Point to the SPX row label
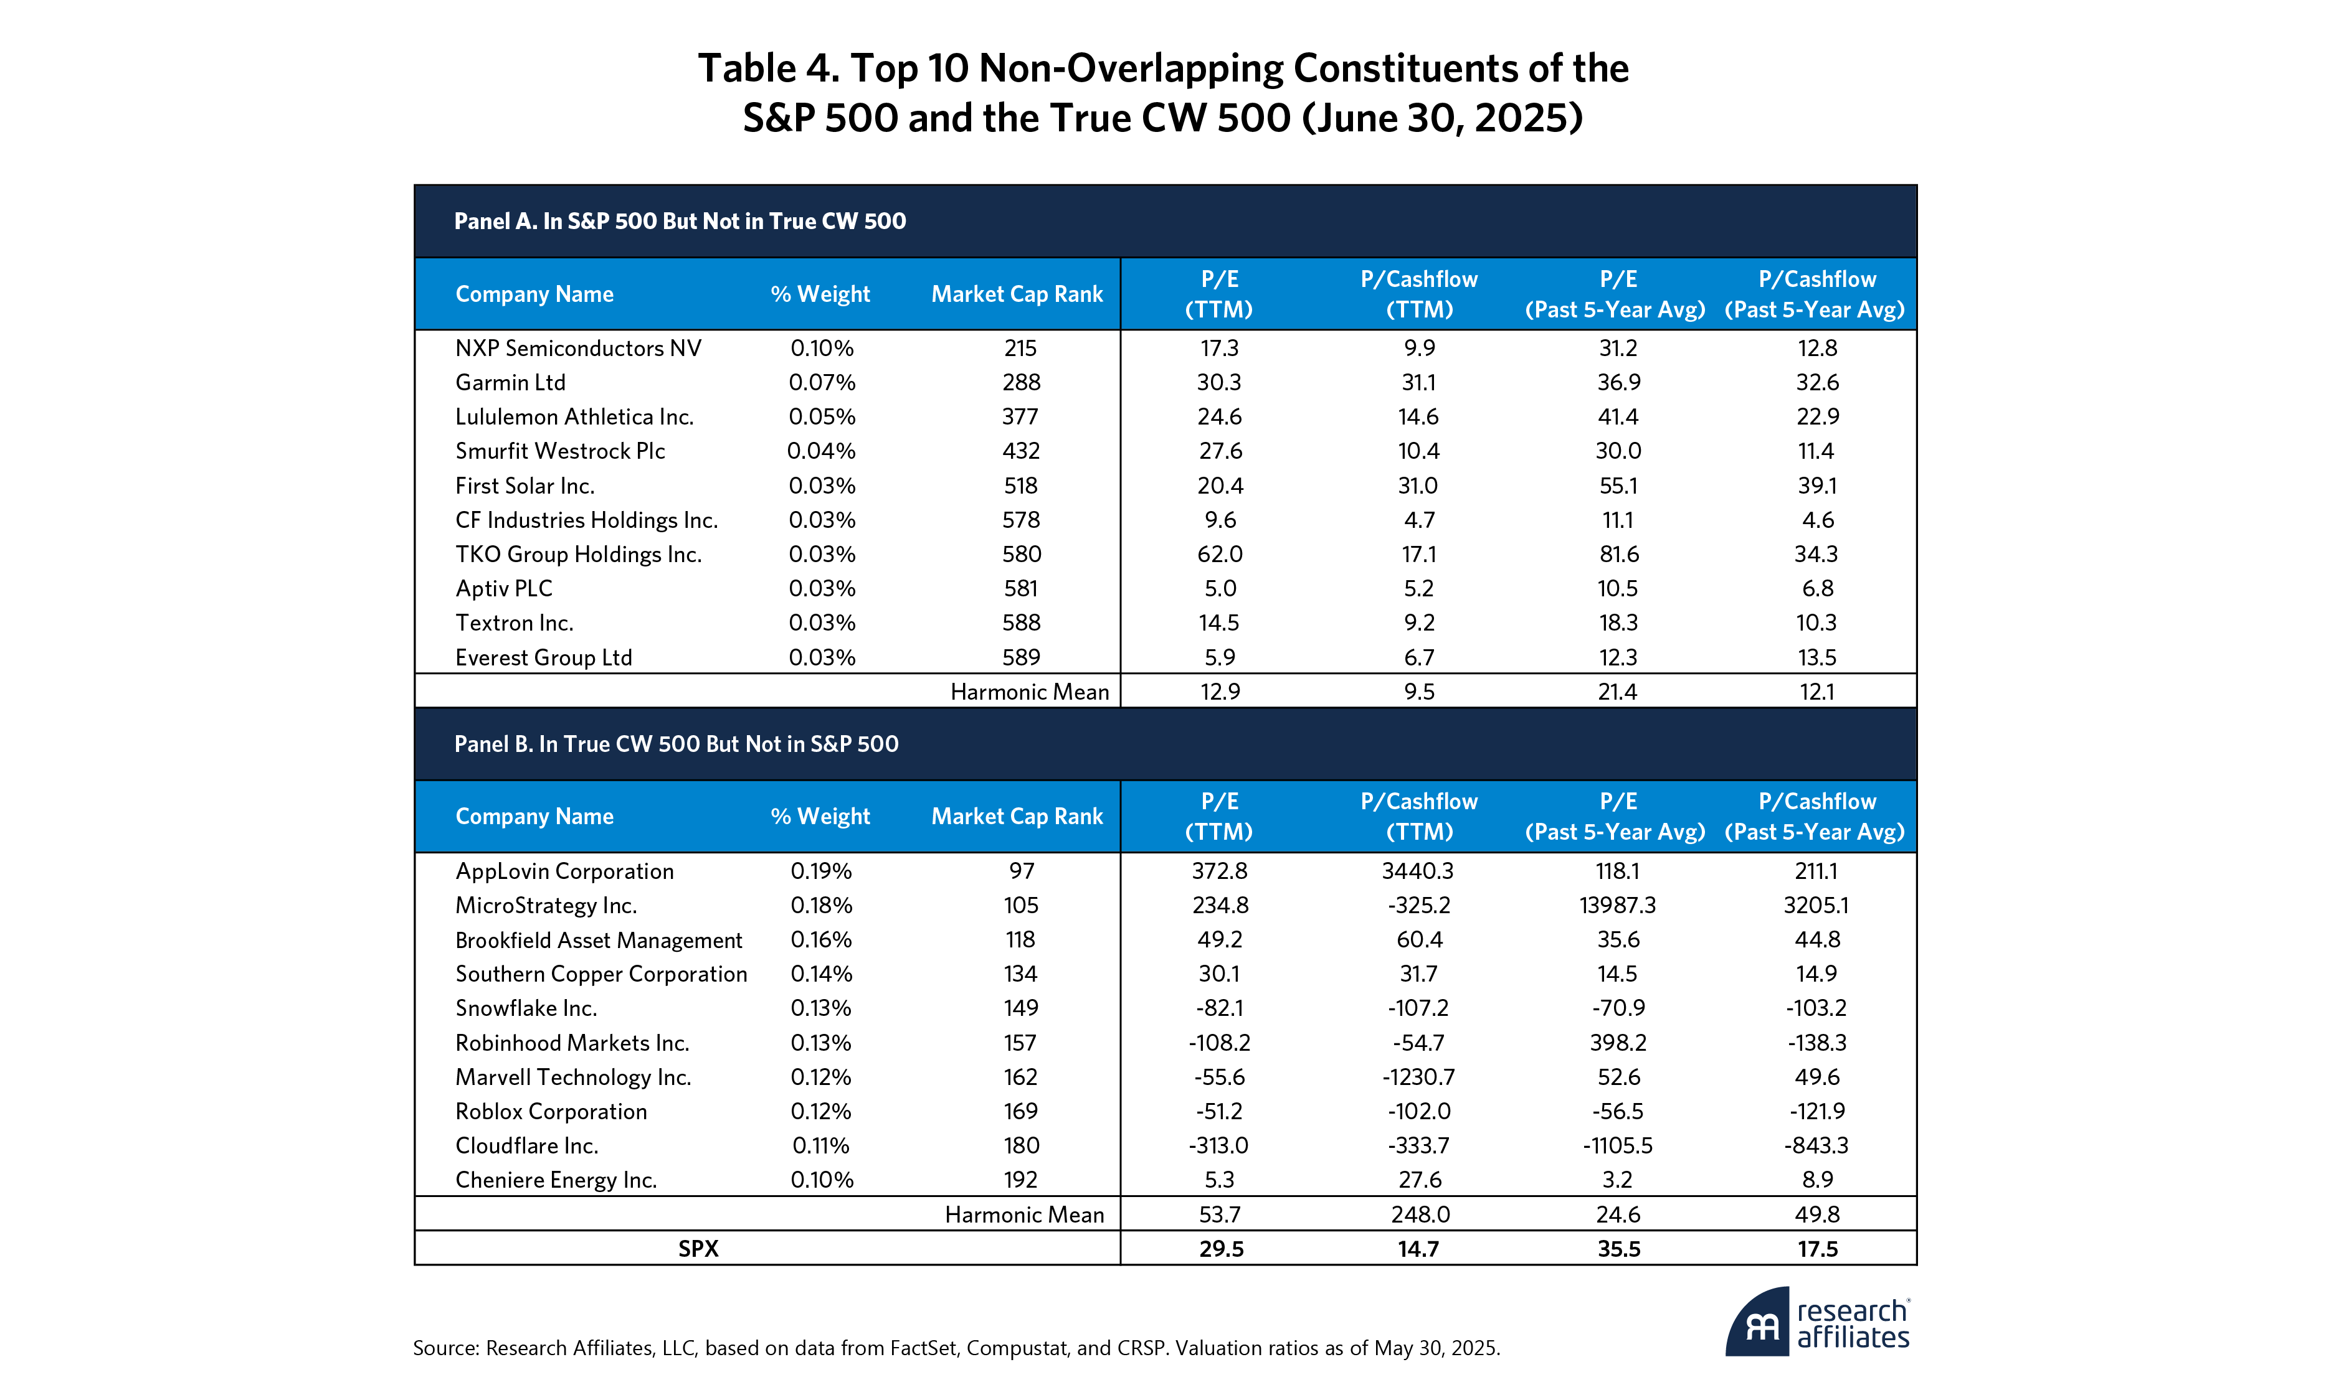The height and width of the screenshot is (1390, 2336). point(698,1249)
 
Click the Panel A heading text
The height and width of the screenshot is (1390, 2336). point(680,221)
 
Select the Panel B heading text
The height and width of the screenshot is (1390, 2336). point(676,744)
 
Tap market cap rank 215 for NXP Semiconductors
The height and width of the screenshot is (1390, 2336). point(1020,349)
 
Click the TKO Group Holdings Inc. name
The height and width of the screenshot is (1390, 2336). point(578,555)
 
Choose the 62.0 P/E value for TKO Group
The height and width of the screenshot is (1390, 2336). point(1219,555)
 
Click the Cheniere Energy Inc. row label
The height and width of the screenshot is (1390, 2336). point(556,1180)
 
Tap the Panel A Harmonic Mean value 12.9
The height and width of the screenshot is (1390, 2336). point(1219,692)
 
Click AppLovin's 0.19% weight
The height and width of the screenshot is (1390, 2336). point(821,871)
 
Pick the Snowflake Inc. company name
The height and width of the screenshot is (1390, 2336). point(526,1008)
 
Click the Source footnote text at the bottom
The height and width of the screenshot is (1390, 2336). point(956,1348)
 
